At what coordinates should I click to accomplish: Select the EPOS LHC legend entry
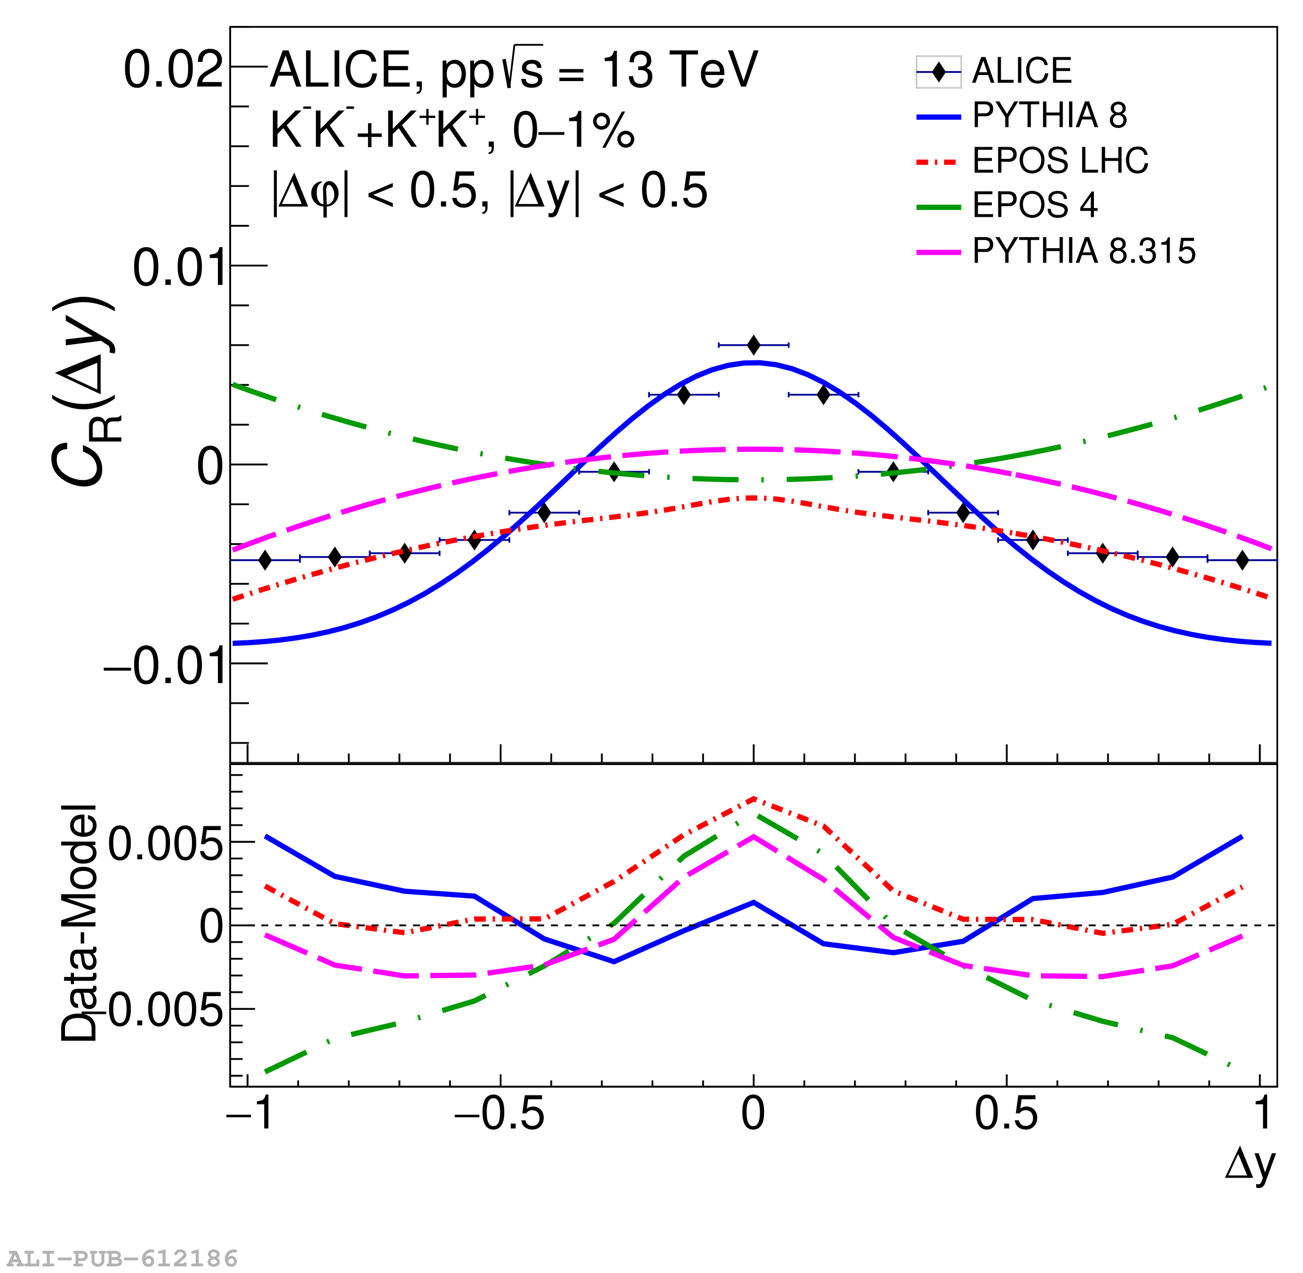point(1059,161)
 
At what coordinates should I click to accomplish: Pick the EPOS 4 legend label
point(1034,205)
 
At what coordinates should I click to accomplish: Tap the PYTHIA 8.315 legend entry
point(1083,252)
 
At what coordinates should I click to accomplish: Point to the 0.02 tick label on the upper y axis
point(173,69)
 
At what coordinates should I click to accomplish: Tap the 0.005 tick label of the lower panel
point(165,844)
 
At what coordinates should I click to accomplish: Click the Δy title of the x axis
point(1249,1164)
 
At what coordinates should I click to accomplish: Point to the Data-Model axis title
point(79,923)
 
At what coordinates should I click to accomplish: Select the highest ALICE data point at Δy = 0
point(754,345)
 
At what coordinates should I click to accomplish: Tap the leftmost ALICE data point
point(265,560)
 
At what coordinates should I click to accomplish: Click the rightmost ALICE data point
point(1242,560)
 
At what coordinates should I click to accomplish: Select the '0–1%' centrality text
point(574,130)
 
